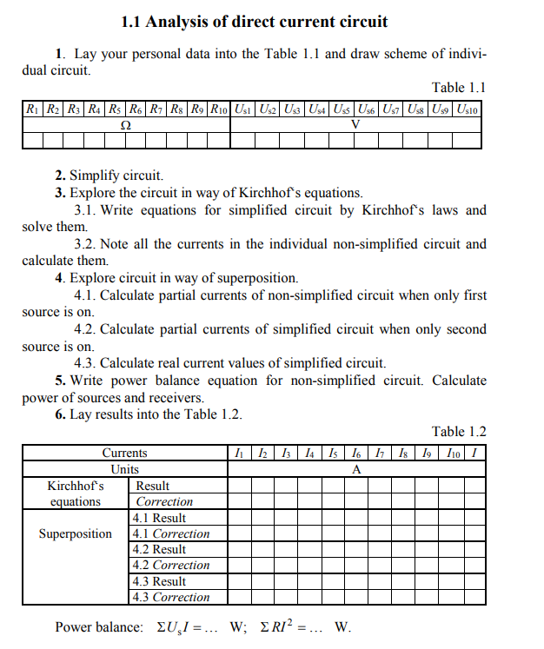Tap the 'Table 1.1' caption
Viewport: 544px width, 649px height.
click(458, 87)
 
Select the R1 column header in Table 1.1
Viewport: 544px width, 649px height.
click(31, 109)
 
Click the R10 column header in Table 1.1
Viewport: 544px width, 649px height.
click(220, 109)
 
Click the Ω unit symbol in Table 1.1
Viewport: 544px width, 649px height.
click(126, 124)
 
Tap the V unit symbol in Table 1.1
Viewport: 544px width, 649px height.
click(355, 124)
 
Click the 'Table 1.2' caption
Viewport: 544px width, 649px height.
click(458, 432)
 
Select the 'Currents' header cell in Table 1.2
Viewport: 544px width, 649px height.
click(124, 453)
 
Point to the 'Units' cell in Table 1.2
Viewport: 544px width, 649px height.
click(124, 469)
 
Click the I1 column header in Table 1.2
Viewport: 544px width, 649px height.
click(238, 453)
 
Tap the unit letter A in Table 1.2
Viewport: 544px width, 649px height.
click(355, 469)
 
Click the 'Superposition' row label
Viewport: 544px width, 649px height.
click(76, 533)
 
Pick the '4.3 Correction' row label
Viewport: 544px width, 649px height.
click(170, 597)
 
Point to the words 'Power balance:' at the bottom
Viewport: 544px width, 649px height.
click(99, 627)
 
